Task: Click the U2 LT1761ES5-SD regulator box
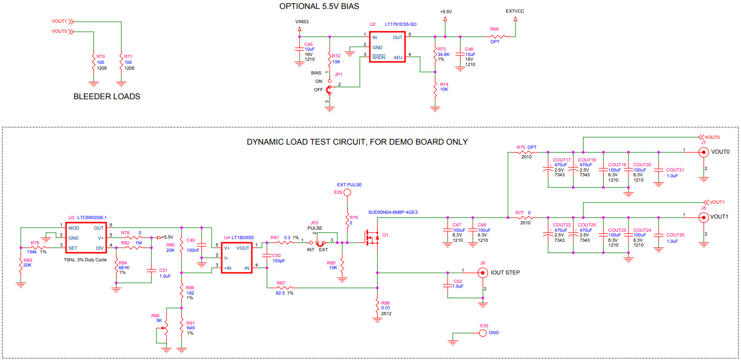tap(387, 46)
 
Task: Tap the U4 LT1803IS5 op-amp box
tap(236, 257)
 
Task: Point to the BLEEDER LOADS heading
tap(107, 97)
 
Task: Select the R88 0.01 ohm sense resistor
tap(377, 306)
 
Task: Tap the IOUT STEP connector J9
tap(482, 272)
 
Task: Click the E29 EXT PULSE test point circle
tap(347, 193)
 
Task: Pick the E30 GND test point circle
tap(482, 333)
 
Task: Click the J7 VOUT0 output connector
tap(703, 152)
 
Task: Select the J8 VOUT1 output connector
tap(703, 216)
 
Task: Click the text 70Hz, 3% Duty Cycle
tap(86, 260)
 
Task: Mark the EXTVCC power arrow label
tap(514, 11)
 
